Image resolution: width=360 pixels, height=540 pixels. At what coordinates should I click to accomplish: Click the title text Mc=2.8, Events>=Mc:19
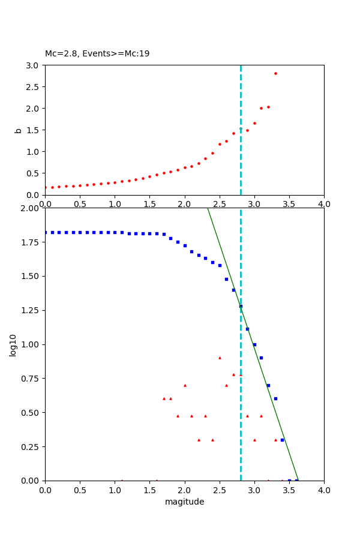97,54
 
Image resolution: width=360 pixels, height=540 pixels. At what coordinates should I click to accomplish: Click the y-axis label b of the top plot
19,130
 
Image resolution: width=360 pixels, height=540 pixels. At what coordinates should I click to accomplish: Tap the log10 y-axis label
13,344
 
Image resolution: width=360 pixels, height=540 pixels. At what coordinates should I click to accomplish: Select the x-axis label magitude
184,502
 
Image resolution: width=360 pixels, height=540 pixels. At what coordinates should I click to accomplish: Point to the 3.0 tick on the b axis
32,65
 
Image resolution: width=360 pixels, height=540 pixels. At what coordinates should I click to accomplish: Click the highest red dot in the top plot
275,74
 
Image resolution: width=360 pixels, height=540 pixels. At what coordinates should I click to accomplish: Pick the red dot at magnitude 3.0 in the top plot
254,123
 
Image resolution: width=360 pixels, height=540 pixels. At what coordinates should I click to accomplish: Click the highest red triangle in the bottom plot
220,358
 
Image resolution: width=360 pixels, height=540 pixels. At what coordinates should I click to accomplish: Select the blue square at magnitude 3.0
254,344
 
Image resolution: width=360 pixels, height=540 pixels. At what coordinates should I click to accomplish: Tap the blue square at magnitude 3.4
282,440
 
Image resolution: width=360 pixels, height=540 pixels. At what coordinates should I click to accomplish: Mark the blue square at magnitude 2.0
185,245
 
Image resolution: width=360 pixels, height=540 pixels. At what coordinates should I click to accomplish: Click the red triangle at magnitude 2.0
185,385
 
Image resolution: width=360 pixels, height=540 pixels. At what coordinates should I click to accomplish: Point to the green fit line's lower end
298,480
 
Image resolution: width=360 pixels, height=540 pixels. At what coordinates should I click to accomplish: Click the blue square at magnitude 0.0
46,232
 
